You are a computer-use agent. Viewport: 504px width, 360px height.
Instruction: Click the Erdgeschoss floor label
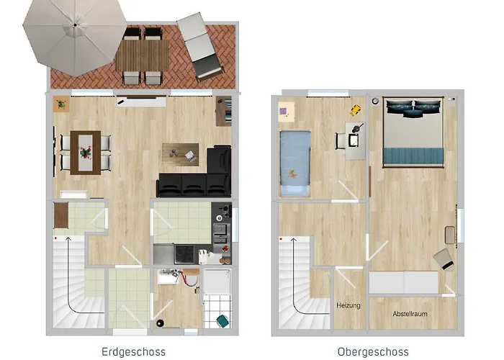[x=133, y=352]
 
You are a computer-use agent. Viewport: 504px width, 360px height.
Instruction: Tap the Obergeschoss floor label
[x=373, y=352]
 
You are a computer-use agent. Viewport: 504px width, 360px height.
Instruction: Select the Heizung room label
[x=348, y=305]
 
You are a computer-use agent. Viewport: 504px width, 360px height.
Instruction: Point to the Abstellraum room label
[x=410, y=314]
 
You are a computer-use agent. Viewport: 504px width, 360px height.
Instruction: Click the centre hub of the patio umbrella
[x=75, y=24]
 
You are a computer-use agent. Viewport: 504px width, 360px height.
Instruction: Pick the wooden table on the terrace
[x=143, y=55]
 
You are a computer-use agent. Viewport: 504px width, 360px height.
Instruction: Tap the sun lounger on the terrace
[x=200, y=46]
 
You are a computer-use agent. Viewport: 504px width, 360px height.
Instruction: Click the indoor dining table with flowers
[x=86, y=153]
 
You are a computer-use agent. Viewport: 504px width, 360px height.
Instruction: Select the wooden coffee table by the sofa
[x=180, y=155]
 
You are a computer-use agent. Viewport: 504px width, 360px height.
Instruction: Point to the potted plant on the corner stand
[x=60, y=104]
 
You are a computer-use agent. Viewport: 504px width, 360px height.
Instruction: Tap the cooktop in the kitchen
[x=184, y=254]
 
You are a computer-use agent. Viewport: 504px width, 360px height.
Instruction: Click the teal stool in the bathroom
[x=223, y=321]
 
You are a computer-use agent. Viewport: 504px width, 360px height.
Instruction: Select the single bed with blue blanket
[x=295, y=163]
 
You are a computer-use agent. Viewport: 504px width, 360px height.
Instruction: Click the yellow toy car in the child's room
[x=355, y=110]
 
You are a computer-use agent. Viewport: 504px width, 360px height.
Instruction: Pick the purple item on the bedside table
[x=283, y=111]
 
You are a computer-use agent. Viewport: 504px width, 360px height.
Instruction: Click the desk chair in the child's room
[x=341, y=141]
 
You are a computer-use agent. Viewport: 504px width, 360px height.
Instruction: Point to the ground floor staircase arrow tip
[x=68, y=238]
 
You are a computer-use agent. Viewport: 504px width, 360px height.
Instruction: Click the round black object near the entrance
[x=160, y=323]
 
